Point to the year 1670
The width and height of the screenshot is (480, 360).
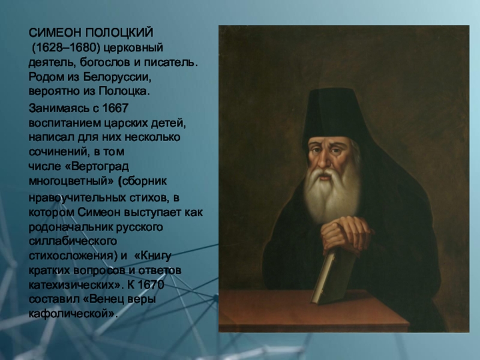tap(151, 284)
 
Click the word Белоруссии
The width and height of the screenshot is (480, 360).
tap(117, 77)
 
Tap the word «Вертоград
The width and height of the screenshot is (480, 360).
tap(97, 167)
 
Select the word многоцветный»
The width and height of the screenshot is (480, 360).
tap(71, 181)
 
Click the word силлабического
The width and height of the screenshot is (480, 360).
tap(73, 241)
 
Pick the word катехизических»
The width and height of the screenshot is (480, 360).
tap(74, 285)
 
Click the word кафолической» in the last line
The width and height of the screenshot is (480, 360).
tap(73, 314)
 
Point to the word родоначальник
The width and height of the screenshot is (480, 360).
tap(71, 227)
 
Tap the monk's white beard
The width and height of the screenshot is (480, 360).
tap(332, 193)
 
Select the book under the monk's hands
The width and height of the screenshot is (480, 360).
tap(332, 275)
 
